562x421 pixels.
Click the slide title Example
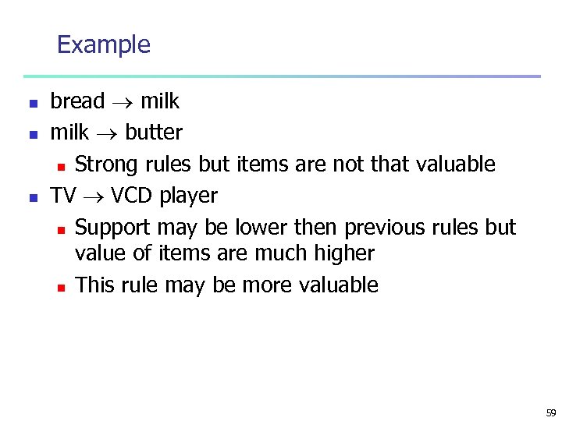click(103, 44)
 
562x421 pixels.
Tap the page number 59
click(551, 413)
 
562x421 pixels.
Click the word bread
click(77, 101)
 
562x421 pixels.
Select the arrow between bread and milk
click(122, 102)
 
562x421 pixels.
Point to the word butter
click(154, 133)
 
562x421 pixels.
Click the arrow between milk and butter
click(107, 133)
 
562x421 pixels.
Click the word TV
click(63, 196)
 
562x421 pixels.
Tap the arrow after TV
click(94, 196)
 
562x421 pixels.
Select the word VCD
click(132, 196)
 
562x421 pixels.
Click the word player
click(189, 196)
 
